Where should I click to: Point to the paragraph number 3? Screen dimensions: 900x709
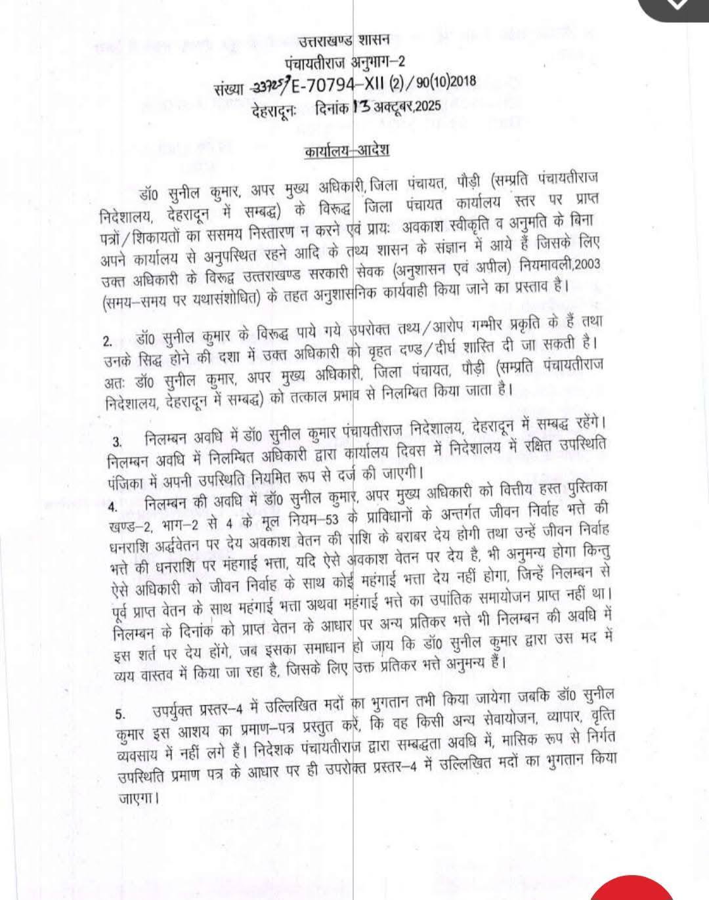117,440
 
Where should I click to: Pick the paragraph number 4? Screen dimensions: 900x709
112,507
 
